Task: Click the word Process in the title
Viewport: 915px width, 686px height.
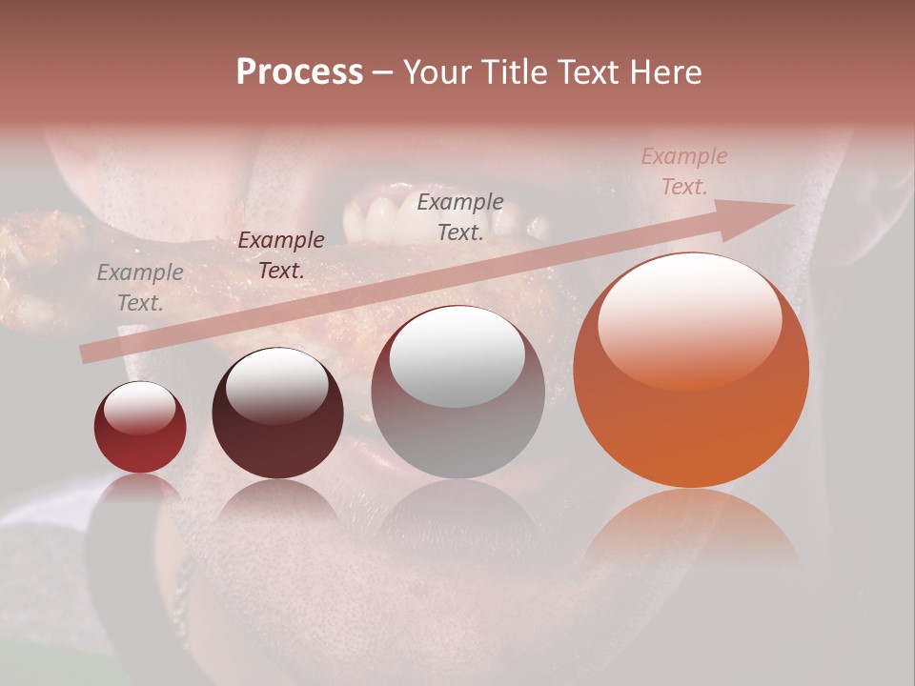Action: click(x=299, y=72)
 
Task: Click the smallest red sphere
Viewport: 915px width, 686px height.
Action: click(x=140, y=428)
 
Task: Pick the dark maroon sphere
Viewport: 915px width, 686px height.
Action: click(x=277, y=414)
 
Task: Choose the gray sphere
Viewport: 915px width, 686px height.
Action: click(x=457, y=393)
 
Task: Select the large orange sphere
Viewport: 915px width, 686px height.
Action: click(x=691, y=371)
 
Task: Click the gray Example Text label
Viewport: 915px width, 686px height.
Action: click(x=140, y=288)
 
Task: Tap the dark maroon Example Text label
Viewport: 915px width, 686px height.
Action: click(x=280, y=255)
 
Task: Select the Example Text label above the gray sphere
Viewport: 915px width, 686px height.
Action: click(x=460, y=216)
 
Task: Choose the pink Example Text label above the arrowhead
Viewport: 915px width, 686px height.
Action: click(x=683, y=171)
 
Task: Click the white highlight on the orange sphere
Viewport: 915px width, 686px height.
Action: click(x=689, y=321)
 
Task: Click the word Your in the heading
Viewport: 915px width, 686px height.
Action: click(x=438, y=72)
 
